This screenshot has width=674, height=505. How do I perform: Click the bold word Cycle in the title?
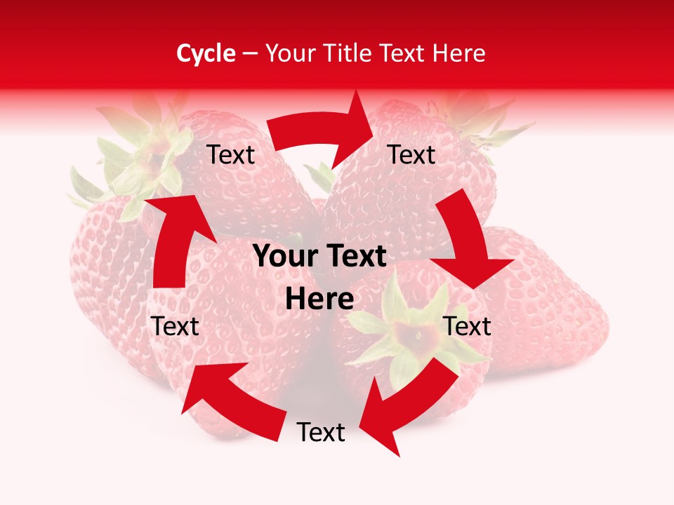click(x=206, y=53)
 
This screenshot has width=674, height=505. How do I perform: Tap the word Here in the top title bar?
click(x=459, y=53)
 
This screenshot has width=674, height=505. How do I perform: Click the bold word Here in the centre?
click(x=319, y=299)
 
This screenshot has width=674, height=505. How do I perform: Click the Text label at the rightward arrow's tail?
click(x=231, y=155)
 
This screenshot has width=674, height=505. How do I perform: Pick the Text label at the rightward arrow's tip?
click(x=411, y=154)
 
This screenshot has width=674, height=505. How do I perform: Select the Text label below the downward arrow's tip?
click(x=468, y=326)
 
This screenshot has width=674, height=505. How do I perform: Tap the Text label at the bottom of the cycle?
click(x=321, y=433)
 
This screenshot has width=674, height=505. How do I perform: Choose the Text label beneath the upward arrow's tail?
click(x=176, y=326)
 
